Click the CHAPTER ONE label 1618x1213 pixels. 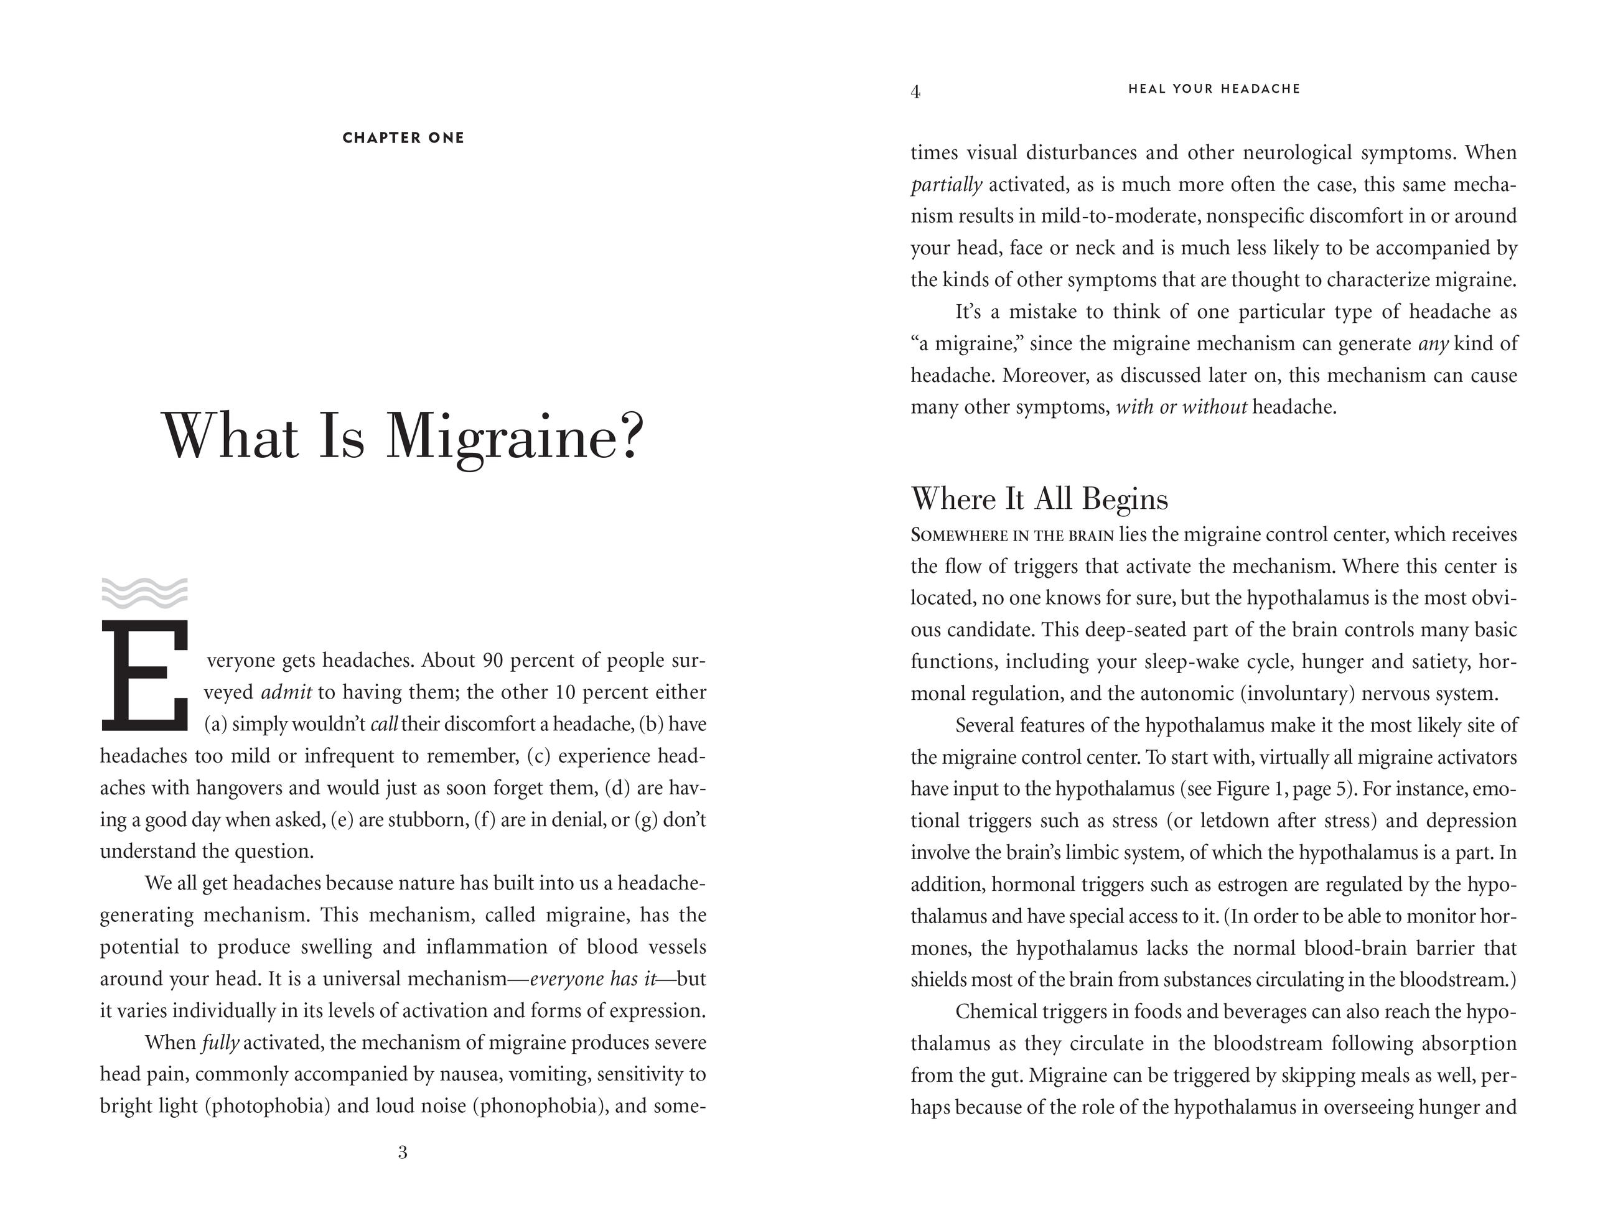pos(403,138)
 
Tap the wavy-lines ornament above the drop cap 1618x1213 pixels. pos(144,593)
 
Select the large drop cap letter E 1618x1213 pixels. pos(145,676)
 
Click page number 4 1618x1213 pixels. pos(915,92)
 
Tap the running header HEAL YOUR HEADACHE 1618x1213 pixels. pos(1214,89)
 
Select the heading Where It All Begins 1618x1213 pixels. pos(1039,500)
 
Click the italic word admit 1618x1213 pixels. pos(286,692)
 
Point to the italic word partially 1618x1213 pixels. pos(946,185)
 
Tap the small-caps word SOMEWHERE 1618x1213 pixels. pos(959,535)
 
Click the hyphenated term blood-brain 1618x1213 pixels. pos(1352,949)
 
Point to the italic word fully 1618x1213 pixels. pos(220,1043)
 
